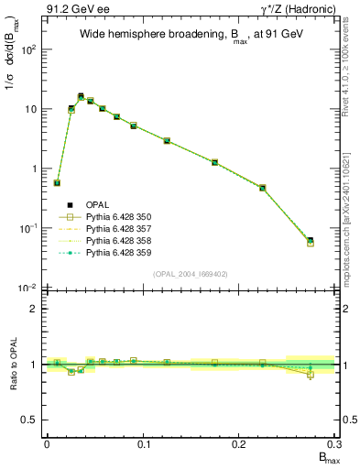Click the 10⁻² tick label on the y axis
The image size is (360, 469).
click(x=27, y=288)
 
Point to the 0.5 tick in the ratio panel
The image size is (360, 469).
click(x=31, y=420)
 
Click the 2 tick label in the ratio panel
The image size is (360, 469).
click(x=35, y=309)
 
